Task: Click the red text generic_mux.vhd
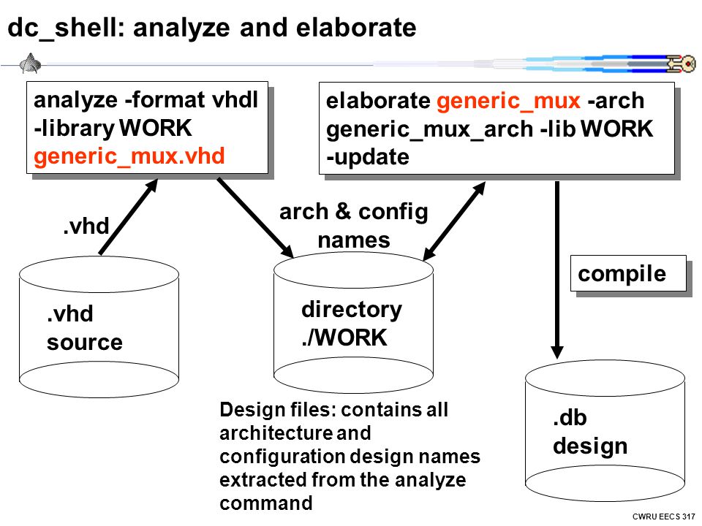129,157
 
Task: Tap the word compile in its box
622,274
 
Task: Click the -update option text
368,157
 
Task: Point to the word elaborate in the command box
378,101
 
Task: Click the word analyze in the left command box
75,100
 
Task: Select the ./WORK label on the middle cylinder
344,338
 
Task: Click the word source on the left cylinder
85,343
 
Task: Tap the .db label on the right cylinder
570,418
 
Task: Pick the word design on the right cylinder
590,447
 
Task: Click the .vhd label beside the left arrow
86,226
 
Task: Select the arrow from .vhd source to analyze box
129,217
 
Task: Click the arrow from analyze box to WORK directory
255,218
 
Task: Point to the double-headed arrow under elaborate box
454,221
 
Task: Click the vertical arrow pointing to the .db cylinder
557,270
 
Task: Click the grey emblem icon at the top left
31,63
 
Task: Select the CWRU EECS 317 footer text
663,517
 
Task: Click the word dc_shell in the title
63,28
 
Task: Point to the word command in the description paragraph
266,503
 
